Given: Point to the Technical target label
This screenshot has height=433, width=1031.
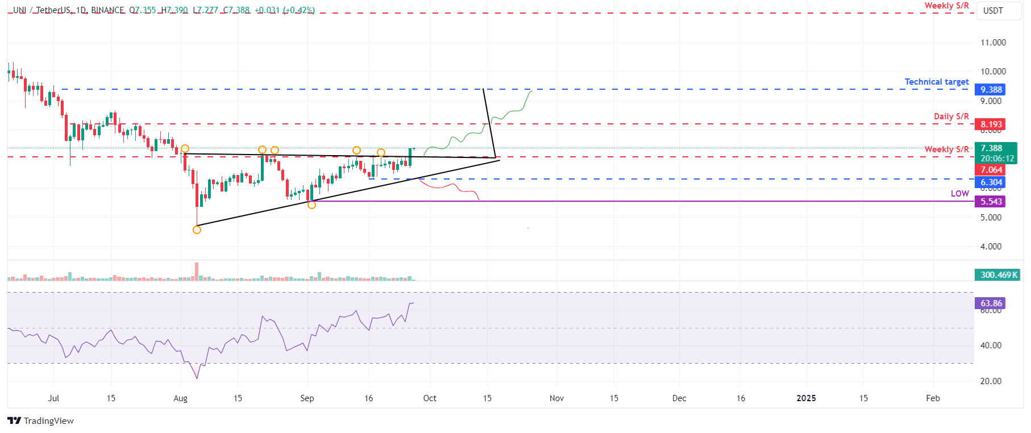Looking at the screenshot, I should point(936,82).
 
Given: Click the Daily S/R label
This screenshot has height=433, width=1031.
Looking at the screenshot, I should point(951,116).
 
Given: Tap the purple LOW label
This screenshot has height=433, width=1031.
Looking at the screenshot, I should point(959,194).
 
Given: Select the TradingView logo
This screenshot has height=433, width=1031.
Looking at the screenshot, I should point(40,420).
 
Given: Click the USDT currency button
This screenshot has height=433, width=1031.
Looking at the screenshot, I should point(993,11).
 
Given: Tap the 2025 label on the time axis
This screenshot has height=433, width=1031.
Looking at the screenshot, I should point(806,398).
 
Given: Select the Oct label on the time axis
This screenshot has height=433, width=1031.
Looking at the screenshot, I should point(430,398).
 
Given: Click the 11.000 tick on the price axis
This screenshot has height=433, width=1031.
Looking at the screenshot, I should point(993,43).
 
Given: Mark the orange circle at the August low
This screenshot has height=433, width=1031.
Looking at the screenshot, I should point(197,230).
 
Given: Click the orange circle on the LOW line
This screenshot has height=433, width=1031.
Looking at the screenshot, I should point(311,205).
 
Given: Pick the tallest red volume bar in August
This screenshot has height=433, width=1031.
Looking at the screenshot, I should point(197,272).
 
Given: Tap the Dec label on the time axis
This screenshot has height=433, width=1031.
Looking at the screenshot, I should point(679,398).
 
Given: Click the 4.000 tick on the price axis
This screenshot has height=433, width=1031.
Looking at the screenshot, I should point(991,247).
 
